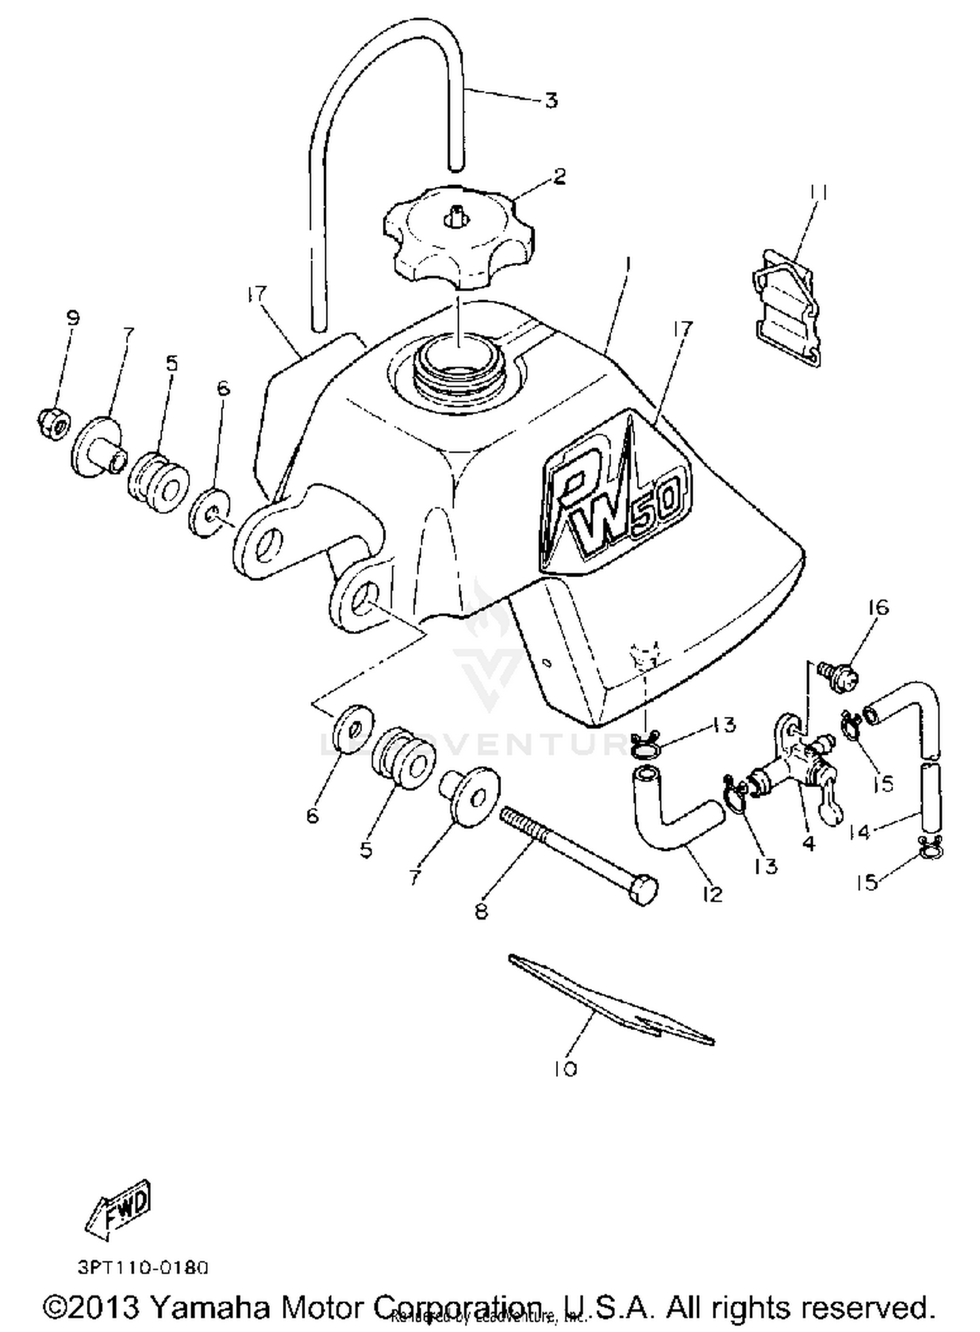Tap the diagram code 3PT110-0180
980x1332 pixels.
(x=143, y=1267)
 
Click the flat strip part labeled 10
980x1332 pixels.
(x=611, y=1000)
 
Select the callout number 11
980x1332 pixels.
(x=821, y=193)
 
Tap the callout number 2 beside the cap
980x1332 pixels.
(x=559, y=176)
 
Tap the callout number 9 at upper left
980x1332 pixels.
(x=73, y=318)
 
